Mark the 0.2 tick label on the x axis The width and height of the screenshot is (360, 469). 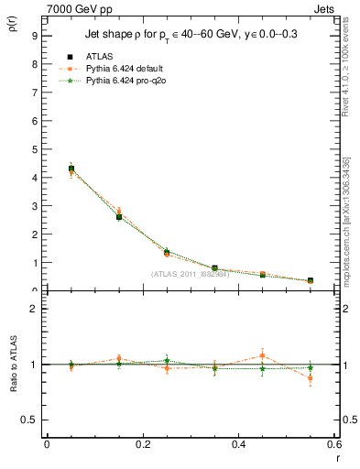(142, 445)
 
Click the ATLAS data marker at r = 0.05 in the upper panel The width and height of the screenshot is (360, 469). (71, 169)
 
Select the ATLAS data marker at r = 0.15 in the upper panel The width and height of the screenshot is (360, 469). (119, 217)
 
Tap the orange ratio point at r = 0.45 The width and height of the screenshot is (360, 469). (262, 355)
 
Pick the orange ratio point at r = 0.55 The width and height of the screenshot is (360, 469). (310, 378)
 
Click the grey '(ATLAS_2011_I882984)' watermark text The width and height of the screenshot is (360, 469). (190, 274)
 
